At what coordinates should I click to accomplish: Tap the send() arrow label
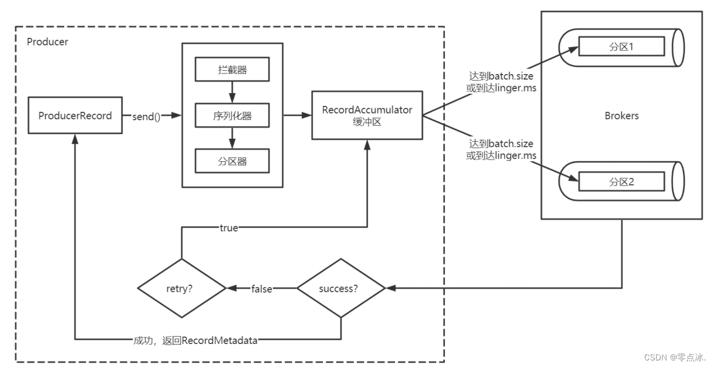(x=146, y=116)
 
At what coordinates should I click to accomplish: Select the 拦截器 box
(x=232, y=70)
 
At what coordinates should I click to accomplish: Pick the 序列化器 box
(x=232, y=116)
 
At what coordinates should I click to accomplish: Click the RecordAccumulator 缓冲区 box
(x=366, y=116)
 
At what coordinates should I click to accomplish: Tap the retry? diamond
(x=182, y=288)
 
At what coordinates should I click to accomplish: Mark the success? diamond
(x=341, y=288)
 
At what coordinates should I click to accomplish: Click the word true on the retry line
(x=229, y=228)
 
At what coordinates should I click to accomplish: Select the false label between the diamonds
(x=262, y=289)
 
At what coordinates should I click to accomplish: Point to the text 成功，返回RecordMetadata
(x=196, y=340)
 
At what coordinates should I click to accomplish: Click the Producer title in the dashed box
(x=47, y=42)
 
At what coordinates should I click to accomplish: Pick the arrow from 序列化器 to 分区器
(x=232, y=138)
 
